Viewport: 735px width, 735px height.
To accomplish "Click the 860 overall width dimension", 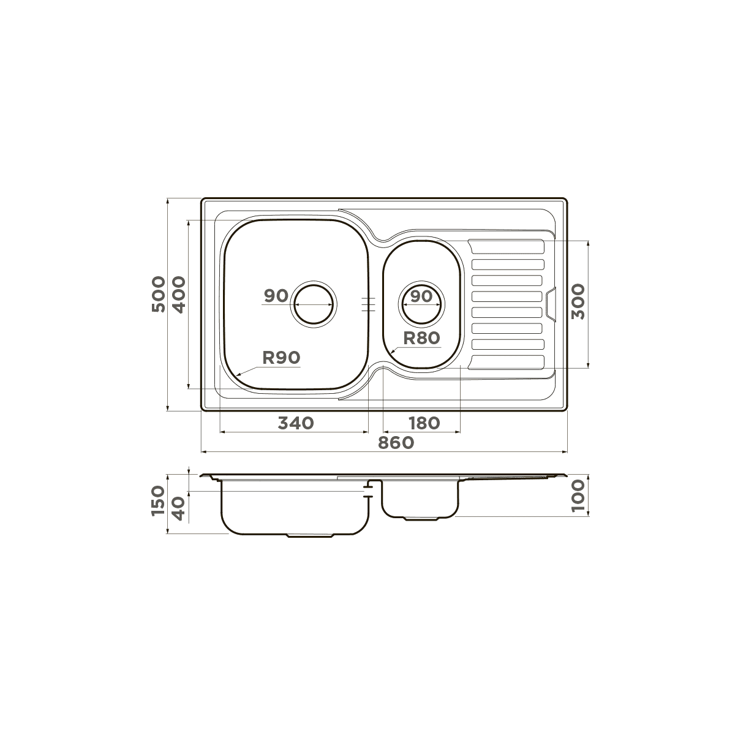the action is click(396, 443).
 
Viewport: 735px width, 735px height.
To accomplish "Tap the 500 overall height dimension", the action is click(159, 294).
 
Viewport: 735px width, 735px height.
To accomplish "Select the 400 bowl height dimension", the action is click(178, 295).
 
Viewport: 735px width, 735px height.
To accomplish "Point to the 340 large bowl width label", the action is click(296, 423).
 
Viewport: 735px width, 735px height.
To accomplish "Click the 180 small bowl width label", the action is click(424, 423).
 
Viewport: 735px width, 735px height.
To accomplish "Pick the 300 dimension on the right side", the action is click(578, 302).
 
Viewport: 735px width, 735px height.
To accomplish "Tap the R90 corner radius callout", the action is click(282, 357).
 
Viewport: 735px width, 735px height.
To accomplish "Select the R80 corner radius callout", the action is click(421, 338).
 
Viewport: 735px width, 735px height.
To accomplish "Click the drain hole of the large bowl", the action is click(314, 304).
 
